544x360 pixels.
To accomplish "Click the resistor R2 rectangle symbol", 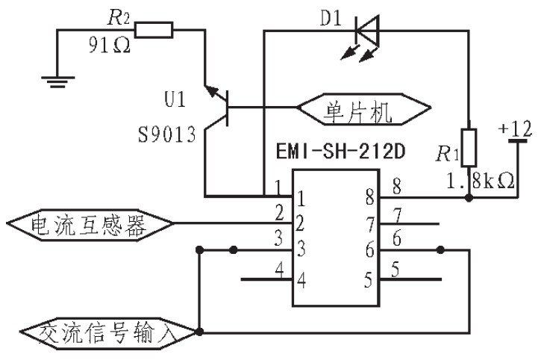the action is click(x=154, y=30).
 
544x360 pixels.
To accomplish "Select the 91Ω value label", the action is click(x=109, y=45).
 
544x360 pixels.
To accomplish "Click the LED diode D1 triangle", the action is click(x=367, y=31).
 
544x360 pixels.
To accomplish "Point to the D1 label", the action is click(x=331, y=19).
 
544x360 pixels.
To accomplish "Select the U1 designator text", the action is click(x=175, y=99).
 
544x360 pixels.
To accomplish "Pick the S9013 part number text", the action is click(x=167, y=134).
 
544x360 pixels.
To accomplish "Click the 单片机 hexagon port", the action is click(x=364, y=108).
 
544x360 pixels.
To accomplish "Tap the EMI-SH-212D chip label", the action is click(x=340, y=151).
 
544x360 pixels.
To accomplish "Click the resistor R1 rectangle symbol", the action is click(x=469, y=147).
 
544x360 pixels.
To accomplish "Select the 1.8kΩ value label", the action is click(x=481, y=181).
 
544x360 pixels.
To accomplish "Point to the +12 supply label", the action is click(x=515, y=128).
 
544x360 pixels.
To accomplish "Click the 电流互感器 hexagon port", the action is click(x=90, y=223).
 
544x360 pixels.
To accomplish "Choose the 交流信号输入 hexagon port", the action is click(x=108, y=333).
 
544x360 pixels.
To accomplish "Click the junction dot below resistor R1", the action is click(x=469, y=198).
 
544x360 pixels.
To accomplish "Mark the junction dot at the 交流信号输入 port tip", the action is click(x=199, y=332).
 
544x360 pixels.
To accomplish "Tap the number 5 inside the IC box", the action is click(x=369, y=280).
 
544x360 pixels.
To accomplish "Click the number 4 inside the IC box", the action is click(x=301, y=280).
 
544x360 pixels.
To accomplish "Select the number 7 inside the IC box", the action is click(x=370, y=225).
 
